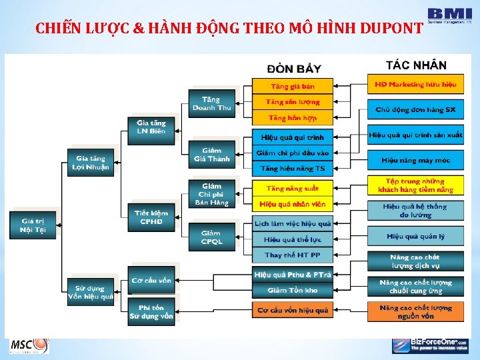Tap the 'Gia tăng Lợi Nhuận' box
click(x=90, y=163)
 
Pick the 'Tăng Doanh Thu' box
click(x=211, y=104)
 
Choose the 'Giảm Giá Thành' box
click(x=211, y=155)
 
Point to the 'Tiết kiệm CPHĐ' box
click(x=151, y=217)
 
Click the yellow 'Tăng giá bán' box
click(x=292, y=86)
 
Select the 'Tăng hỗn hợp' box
click(x=292, y=118)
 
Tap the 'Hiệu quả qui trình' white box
click(x=292, y=137)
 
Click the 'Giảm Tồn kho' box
click(x=292, y=290)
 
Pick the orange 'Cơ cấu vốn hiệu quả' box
click(x=292, y=310)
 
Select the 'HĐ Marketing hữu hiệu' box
click(x=415, y=85)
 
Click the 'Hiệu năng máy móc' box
click(x=415, y=160)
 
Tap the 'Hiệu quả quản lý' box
click(x=415, y=236)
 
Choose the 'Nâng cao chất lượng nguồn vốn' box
click(x=415, y=311)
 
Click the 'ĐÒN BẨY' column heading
click(x=294, y=68)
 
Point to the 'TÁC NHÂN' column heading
click(x=416, y=65)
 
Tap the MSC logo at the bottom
click(x=29, y=345)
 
